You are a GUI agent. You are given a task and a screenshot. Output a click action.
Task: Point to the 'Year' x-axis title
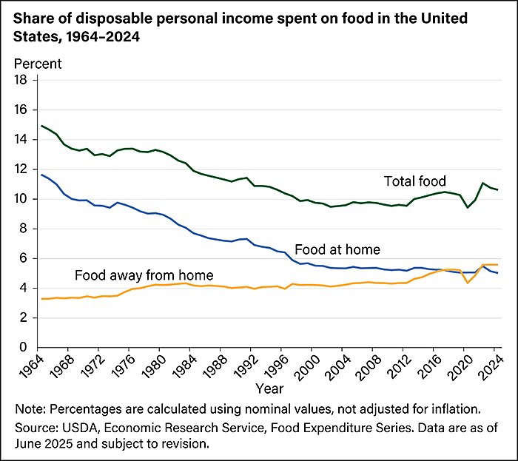pyautogui.click(x=269, y=387)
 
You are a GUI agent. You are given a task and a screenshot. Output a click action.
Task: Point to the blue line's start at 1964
pyautogui.click(x=41, y=175)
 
